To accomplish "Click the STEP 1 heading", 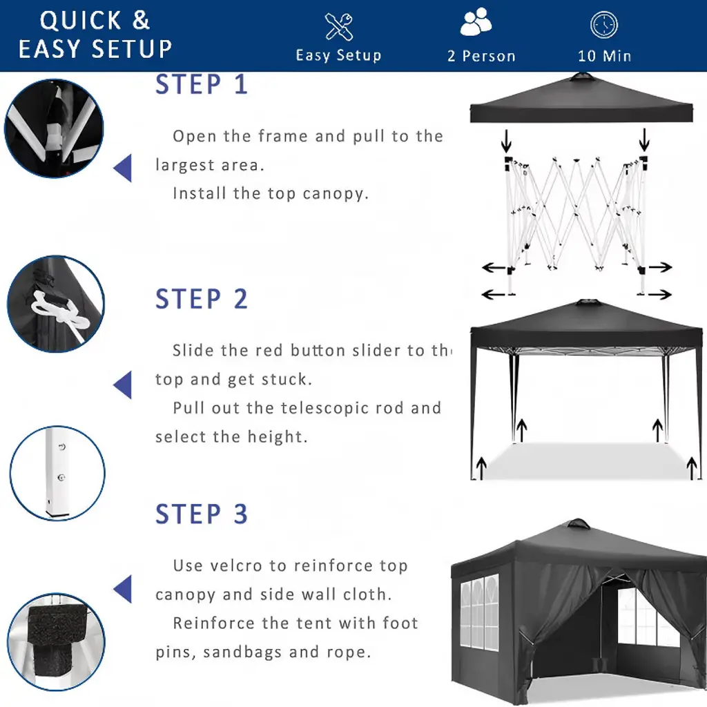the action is (202, 84).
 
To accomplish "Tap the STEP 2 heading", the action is (202, 299).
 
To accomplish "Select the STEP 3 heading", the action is (202, 514).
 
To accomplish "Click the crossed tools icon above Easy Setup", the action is (338, 27).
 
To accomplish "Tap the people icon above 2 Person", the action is (476, 21).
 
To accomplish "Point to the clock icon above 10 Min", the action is (604, 25).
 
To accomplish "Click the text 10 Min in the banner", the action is (604, 56).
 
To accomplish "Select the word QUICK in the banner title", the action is (81, 21).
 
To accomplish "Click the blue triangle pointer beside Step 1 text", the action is (123, 168).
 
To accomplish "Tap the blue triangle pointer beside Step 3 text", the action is (123, 589).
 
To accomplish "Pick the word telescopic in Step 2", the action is (319, 408).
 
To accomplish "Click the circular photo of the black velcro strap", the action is (56, 641).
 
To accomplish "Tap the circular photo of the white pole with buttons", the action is (57, 474).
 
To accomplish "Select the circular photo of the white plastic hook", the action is (56, 304).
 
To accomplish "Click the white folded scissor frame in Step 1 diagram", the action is (576, 216).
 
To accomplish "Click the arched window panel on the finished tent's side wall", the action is (479, 614).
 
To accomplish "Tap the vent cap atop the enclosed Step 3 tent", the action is (578, 525).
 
